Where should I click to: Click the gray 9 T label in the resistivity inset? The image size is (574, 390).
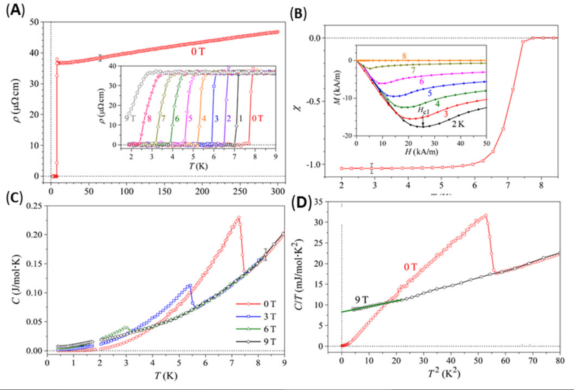(x=131, y=119)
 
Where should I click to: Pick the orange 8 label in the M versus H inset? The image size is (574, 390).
(x=404, y=56)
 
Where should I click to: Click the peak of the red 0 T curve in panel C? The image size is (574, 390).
(x=238, y=218)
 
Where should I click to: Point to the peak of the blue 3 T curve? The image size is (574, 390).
(x=190, y=285)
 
